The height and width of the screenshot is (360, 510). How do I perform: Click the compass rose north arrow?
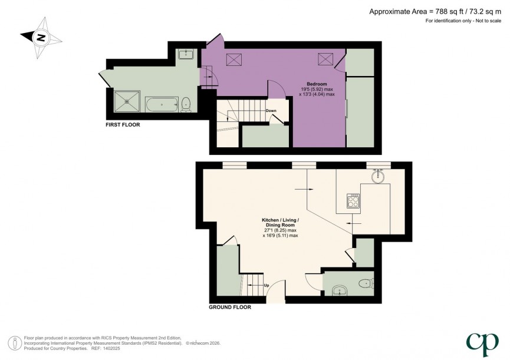pos(41,37)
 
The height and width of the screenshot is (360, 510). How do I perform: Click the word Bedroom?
pos(317,84)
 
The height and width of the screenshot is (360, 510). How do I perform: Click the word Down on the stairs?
pos(271,111)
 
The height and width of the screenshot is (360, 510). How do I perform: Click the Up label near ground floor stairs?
pos(266,286)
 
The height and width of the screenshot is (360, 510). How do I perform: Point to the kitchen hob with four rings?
pos(353,202)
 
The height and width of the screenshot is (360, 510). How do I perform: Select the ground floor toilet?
pos(366,283)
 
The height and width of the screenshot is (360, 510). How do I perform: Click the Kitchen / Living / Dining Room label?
pos(280,224)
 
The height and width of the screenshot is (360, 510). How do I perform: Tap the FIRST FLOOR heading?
pos(123,125)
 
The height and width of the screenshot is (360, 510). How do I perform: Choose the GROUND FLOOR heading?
pos(230,307)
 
